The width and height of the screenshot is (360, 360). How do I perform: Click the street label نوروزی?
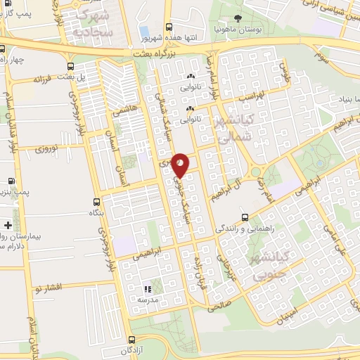click(x=49, y=149)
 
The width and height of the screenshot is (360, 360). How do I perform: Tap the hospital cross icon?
click(x=7, y=225)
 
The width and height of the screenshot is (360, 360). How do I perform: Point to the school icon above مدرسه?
click(x=148, y=288)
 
